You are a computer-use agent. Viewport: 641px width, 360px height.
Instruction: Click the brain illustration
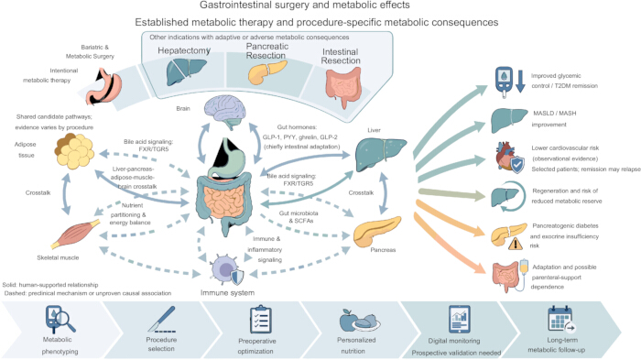(x=225, y=112)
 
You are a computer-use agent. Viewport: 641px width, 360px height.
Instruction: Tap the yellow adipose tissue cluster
(x=74, y=150)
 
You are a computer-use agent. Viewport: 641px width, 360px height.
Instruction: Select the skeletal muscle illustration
(x=75, y=234)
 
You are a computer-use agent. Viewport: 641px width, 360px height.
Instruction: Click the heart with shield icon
(x=509, y=157)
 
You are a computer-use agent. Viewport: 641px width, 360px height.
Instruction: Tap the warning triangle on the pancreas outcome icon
(x=516, y=244)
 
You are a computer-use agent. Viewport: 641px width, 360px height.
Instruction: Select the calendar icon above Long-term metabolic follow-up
(x=561, y=319)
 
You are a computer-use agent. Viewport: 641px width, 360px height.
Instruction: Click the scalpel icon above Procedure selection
(x=161, y=319)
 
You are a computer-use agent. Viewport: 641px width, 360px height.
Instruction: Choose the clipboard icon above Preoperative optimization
(x=261, y=320)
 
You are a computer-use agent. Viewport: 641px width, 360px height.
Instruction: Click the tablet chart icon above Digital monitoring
(x=460, y=319)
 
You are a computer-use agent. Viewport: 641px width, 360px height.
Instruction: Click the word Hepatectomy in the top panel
(x=184, y=50)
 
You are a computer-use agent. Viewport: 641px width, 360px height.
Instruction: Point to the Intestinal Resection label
(x=341, y=57)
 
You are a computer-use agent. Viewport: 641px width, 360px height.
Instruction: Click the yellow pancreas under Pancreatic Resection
(x=267, y=71)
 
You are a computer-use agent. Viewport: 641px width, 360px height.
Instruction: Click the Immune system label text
(x=227, y=293)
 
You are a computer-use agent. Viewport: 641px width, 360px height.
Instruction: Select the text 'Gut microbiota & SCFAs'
(x=299, y=217)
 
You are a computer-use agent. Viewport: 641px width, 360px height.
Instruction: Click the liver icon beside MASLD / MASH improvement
(x=509, y=120)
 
